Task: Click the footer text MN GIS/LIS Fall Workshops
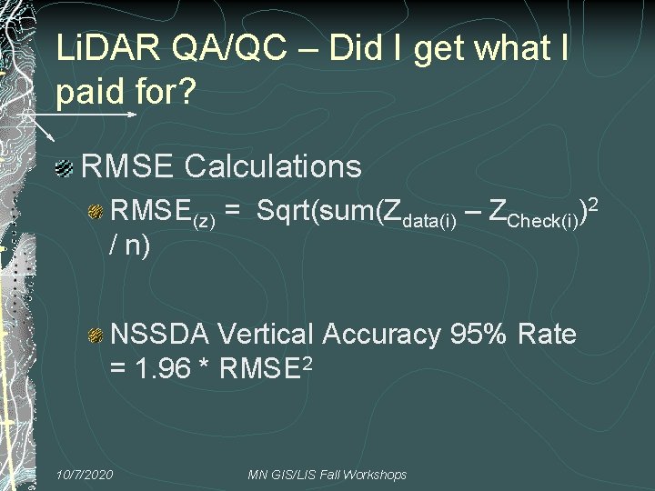pos(327,475)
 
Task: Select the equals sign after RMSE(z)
pos(233,213)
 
